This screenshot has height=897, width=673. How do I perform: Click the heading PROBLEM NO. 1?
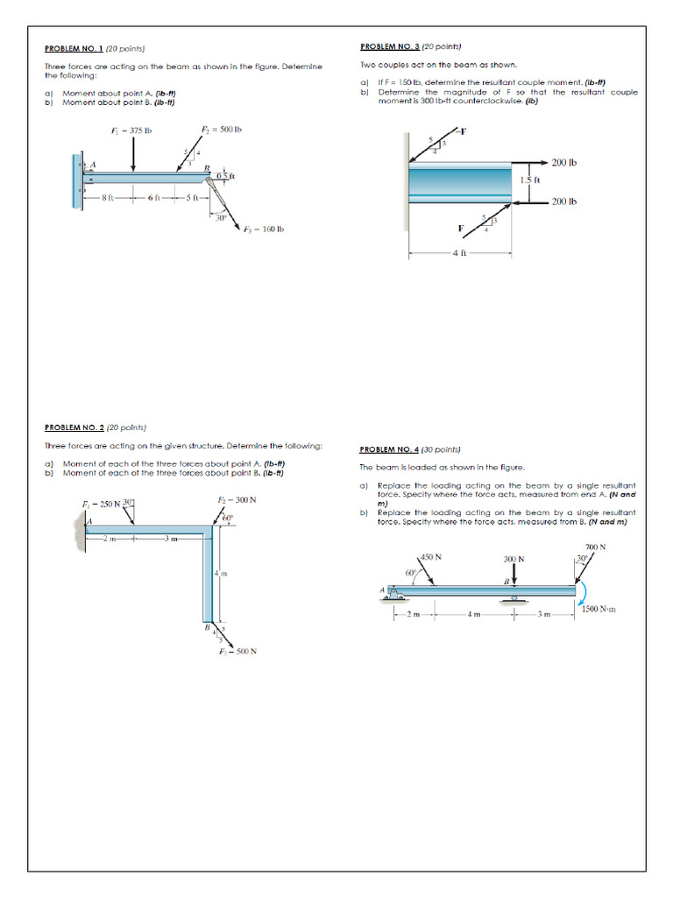point(74,49)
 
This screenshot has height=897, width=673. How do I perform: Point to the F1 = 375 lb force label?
point(132,131)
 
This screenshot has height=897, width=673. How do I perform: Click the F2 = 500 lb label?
point(221,130)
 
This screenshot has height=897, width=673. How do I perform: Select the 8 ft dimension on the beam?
point(106,197)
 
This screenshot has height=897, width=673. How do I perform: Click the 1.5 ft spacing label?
point(531,180)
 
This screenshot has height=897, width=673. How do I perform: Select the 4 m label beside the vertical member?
point(222,573)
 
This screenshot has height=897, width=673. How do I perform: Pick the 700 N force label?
point(596,547)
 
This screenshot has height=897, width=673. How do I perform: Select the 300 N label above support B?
point(514,559)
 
